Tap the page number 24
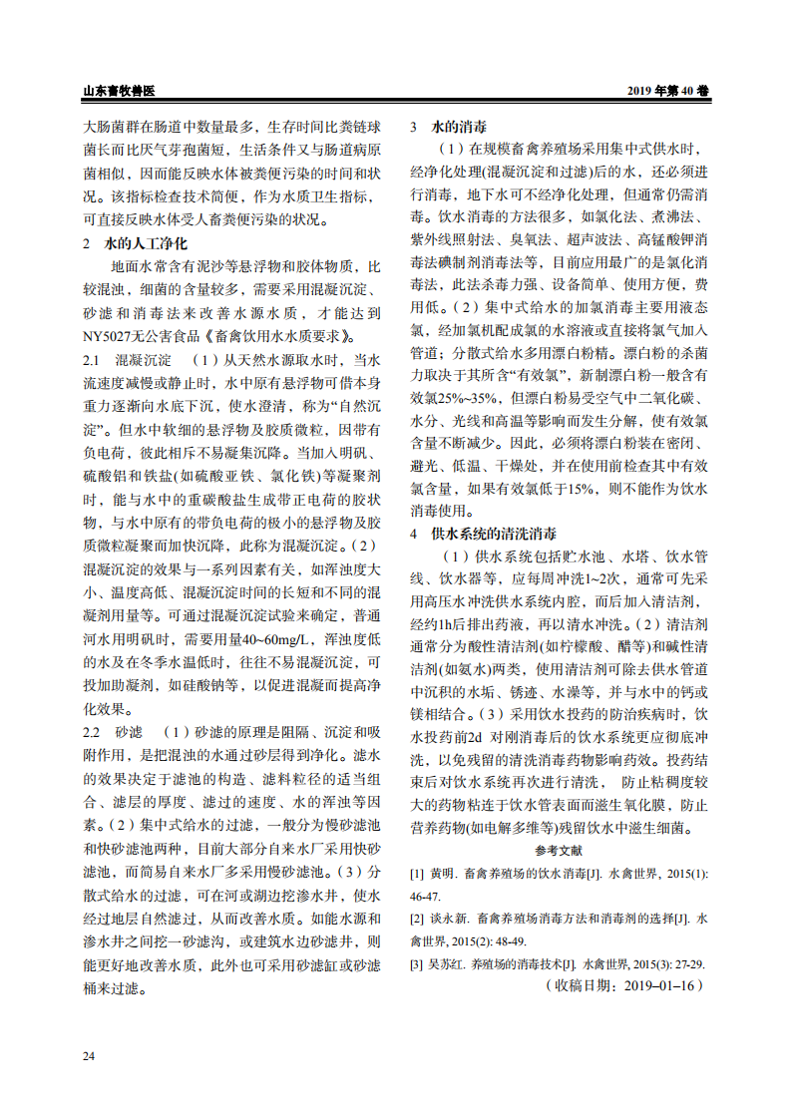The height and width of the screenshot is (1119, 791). pyautogui.click(x=89, y=1055)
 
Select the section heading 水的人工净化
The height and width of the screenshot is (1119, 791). pyautogui.click(x=150, y=242)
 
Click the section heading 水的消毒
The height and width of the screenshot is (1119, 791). pyautogui.click(x=459, y=128)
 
